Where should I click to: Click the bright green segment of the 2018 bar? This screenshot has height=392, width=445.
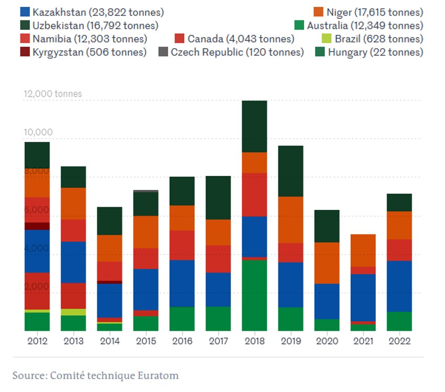pyautogui.click(x=254, y=295)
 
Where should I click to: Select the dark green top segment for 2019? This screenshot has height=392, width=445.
pyautogui.click(x=291, y=171)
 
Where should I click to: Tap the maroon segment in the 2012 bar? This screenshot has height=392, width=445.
pyautogui.click(x=37, y=226)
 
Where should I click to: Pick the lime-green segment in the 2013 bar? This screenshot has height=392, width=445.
pyautogui.click(x=73, y=312)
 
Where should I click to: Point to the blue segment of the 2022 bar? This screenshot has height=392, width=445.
pyautogui.click(x=399, y=286)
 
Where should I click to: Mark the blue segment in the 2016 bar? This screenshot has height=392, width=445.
pyautogui.click(x=182, y=283)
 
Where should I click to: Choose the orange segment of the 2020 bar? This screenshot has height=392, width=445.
pyautogui.click(x=327, y=263)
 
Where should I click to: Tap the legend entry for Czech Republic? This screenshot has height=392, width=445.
pyautogui.click(x=237, y=52)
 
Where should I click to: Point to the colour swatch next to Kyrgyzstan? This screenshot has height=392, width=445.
pyautogui.click(x=25, y=52)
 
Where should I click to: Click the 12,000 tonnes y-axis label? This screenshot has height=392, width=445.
pyautogui.click(x=53, y=94)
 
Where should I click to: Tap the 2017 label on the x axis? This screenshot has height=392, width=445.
pyautogui.click(x=218, y=341)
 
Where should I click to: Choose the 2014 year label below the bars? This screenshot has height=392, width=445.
pyautogui.click(x=109, y=341)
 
